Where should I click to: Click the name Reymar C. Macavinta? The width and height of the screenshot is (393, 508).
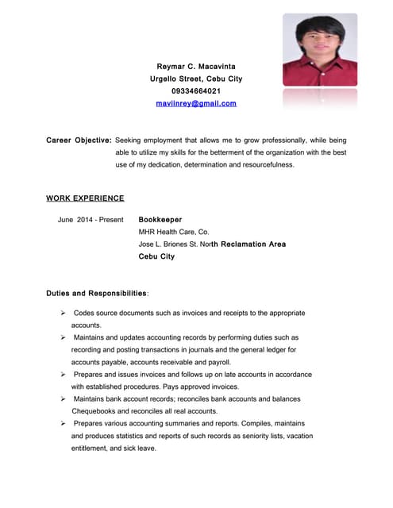click(x=196, y=66)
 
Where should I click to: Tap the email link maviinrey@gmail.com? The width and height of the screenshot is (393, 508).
click(x=196, y=103)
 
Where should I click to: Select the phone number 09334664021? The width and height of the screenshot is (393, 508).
click(x=196, y=91)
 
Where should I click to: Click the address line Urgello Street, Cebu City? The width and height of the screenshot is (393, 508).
click(x=196, y=79)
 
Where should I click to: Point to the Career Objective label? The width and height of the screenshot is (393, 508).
click(x=79, y=140)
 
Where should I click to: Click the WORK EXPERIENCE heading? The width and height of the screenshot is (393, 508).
click(x=85, y=198)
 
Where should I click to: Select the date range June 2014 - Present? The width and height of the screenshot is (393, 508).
click(x=91, y=219)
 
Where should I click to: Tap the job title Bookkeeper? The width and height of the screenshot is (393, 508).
click(x=160, y=219)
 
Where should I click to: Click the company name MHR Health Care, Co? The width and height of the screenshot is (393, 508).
click(x=173, y=232)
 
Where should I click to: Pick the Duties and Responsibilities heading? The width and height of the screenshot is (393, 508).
click(x=97, y=294)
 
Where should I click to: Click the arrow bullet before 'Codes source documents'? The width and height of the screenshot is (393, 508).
click(x=63, y=314)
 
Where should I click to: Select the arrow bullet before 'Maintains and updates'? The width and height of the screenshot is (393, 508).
click(x=63, y=337)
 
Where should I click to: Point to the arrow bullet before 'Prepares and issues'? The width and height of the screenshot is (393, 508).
click(x=63, y=374)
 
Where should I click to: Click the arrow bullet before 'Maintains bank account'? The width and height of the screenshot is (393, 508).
click(x=63, y=398)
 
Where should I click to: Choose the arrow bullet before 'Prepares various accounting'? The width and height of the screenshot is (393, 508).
click(x=63, y=423)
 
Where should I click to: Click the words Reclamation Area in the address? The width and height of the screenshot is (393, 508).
click(x=252, y=244)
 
